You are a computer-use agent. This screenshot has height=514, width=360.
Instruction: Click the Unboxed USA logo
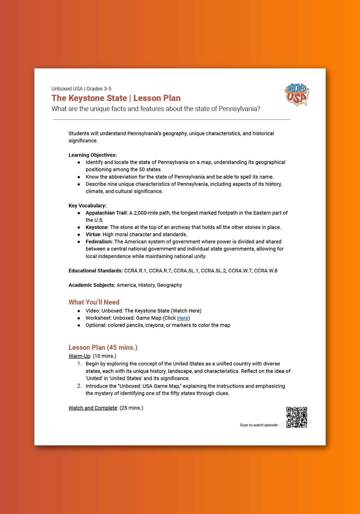click(x=297, y=94)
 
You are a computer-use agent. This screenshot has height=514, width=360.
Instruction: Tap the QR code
click(x=297, y=417)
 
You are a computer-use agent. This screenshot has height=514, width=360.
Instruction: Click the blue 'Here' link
click(x=183, y=318)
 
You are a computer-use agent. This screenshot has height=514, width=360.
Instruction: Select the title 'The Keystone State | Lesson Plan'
click(x=116, y=98)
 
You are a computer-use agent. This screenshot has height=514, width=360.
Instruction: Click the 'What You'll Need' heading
click(x=94, y=302)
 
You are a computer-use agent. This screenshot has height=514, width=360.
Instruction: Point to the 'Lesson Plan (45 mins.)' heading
click(x=103, y=347)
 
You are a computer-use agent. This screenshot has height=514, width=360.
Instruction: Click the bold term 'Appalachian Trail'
click(x=106, y=213)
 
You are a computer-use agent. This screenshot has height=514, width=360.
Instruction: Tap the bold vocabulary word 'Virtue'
click(x=93, y=235)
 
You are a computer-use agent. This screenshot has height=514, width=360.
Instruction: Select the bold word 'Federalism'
click(x=99, y=242)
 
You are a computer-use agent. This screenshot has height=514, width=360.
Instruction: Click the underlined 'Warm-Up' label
click(x=79, y=356)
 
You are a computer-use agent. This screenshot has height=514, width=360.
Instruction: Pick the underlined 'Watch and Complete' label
click(x=93, y=408)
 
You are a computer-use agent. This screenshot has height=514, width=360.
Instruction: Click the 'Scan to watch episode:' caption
click(x=259, y=425)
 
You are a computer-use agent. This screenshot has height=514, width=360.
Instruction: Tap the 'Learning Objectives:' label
click(x=93, y=155)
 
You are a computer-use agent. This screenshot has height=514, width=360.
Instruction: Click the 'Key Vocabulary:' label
click(x=88, y=206)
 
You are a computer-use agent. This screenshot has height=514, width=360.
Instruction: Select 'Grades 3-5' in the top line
click(x=99, y=89)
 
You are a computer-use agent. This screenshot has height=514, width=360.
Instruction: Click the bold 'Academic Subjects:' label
click(x=92, y=285)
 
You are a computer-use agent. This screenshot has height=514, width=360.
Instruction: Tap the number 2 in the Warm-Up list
click(x=79, y=386)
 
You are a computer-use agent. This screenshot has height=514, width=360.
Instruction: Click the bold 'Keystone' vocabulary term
click(x=97, y=227)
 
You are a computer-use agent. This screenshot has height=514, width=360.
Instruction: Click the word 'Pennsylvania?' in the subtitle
click(x=239, y=109)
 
